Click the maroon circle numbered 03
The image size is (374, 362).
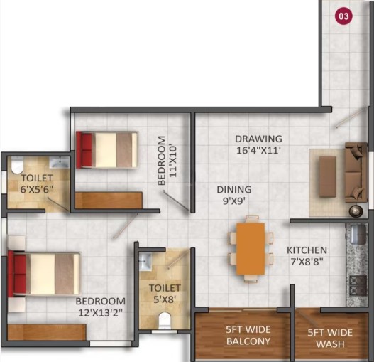coord(343,16)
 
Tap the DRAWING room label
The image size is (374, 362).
coord(258,139)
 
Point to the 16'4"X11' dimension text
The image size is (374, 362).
coord(258,151)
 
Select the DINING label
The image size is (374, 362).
coord(234,190)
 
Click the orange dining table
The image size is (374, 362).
coord(251,249)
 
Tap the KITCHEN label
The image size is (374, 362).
coord(307,250)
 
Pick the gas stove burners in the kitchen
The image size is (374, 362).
coord(358,285)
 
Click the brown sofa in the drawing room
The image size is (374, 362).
coord(356,172)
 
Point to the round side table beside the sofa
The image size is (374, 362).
coord(356,211)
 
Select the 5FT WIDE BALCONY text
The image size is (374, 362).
coord(248,336)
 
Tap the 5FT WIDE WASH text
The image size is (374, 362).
coord(330,339)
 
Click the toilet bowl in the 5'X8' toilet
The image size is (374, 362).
coord(165,319)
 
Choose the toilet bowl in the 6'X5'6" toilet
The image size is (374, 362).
coord(17,165)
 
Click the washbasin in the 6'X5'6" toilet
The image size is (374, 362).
coord(60,162)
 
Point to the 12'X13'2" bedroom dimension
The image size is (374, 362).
coord(101,312)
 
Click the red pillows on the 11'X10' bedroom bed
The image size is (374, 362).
coord(87,149)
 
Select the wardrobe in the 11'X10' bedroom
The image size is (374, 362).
coord(109,200)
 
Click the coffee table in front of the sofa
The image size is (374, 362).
coord(328,176)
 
